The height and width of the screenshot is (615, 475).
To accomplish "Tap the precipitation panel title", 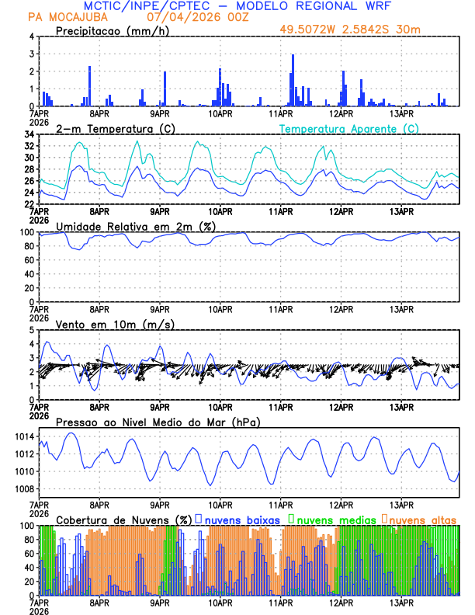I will pyautogui.click(x=110, y=30).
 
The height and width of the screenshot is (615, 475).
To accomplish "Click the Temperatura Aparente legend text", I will pyautogui.click(x=348, y=128).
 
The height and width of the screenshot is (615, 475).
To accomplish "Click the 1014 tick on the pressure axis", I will pyautogui.click(x=23, y=436).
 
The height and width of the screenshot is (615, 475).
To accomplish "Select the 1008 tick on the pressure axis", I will pyautogui.click(x=23, y=488).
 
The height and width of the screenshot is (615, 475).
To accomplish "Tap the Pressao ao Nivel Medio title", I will pyautogui.click(x=158, y=422).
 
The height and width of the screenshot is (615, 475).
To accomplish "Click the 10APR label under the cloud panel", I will pyautogui.click(x=220, y=602).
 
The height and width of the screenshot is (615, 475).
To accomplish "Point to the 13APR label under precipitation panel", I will pyautogui.click(x=401, y=113).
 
